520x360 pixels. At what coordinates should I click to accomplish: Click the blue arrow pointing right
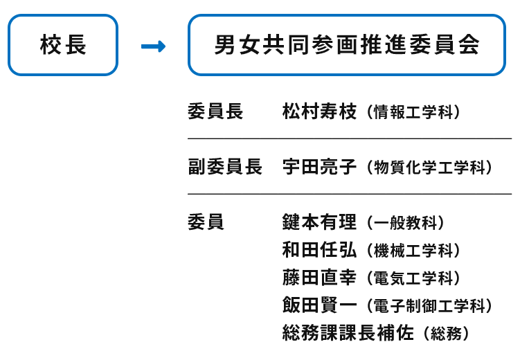[x=153, y=46]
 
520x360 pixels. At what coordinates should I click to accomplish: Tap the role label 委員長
[x=215, y=111]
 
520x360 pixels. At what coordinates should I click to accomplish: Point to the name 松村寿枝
[x=319, y=111]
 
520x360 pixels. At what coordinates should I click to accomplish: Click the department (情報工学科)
[x=413, y=111]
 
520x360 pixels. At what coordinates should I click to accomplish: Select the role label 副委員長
[x=225, y=166]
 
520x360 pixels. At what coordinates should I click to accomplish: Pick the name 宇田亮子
[x=319, y=166]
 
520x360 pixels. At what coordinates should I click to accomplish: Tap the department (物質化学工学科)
[x=429, y=167]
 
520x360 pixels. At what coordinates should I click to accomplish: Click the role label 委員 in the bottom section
[x=206, y=222]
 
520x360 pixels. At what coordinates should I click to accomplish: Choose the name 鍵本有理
[x=319, y=222]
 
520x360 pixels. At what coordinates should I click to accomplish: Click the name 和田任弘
[x=319, y=250]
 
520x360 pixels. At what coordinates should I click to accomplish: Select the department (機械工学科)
[x=413, y=251]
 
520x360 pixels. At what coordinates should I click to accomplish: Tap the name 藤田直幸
[x=319, y=278]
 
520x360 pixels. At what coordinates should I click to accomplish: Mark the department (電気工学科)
[x=413, y=278]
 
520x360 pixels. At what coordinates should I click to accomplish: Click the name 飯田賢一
[x=319, y=305]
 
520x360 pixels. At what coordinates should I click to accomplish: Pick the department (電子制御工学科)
[x=429, y=305]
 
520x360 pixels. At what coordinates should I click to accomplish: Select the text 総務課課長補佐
[x=348, y=333]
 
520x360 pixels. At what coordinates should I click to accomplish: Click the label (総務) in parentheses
[x=447, y=334]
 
